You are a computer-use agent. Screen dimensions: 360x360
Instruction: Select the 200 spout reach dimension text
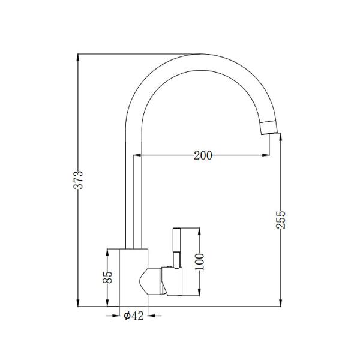point(203,156)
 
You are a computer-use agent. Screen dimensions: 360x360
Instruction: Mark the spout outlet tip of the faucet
point(268,127)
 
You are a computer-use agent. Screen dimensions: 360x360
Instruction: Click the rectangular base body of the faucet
point(133,277)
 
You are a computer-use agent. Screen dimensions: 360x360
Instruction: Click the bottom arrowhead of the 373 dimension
point(79,303)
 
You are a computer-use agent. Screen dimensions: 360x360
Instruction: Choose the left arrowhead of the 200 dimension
point(145,156)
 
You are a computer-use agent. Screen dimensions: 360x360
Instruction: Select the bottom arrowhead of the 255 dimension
point(283,303)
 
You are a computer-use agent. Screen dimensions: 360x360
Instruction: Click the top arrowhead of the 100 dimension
point(200,231)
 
